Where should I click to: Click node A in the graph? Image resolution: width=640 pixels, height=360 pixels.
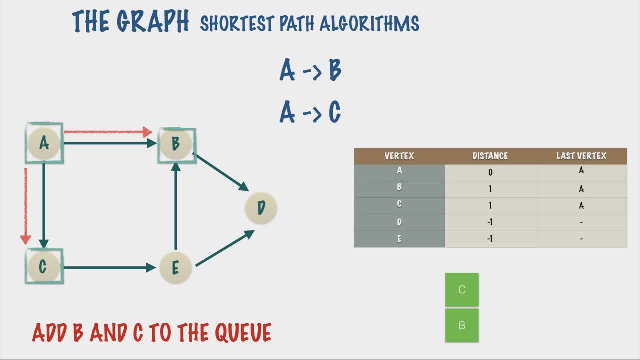click(x=44, y=143)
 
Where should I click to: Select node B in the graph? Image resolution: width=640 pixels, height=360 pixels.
click(x=176, y=143)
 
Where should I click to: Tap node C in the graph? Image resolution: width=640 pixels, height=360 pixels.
click(x=43, y=266)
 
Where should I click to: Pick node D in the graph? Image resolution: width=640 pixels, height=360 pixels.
click(x=261, y=208)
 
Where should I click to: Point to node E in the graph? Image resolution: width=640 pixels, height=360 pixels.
click(x=175, y=267)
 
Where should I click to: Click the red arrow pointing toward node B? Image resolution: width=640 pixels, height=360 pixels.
click(x=108, y=132)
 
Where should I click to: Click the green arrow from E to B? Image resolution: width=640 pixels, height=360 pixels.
click(x=176, y=206)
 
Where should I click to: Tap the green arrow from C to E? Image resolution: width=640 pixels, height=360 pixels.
click(x=110, y=267)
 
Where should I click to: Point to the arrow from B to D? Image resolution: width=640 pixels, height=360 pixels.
click(x=221, y=172)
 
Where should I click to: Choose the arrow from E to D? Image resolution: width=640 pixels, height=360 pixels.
click(x=225, y=248)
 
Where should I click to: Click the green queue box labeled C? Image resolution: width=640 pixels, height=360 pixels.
click(x=462, y=289)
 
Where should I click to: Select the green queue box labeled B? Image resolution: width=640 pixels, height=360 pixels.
click(x=462, y=325)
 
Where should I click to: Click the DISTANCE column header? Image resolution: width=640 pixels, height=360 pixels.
click(x=490, y=156)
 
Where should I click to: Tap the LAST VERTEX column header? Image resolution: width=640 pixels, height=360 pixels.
click(x=581, y=156)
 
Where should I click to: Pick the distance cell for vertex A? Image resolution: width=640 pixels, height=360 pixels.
click(x=490, y=172)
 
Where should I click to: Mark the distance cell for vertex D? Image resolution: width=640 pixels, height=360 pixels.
click(x=490, y=222)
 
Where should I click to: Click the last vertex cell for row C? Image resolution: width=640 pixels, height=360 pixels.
click(x=581, y=205)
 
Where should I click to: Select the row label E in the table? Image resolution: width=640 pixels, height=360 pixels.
click(x=399, y=239)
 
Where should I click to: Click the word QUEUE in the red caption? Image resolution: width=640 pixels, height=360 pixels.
click(x=243, y=332)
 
